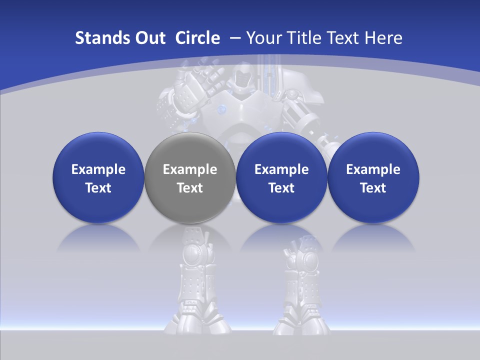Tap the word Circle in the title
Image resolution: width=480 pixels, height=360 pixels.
pyautogui.click(x=197, y=38)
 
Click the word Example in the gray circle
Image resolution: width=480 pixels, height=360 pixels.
pyautogui.click(x=190, y=169)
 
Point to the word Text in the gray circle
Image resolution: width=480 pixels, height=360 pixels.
pyautogui.click(x=190, y=188)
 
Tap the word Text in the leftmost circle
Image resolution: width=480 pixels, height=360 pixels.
pyautogui.click(x=98, y=188)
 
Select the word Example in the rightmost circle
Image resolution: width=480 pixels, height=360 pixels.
pyautogui.click(x=373, y=169)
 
